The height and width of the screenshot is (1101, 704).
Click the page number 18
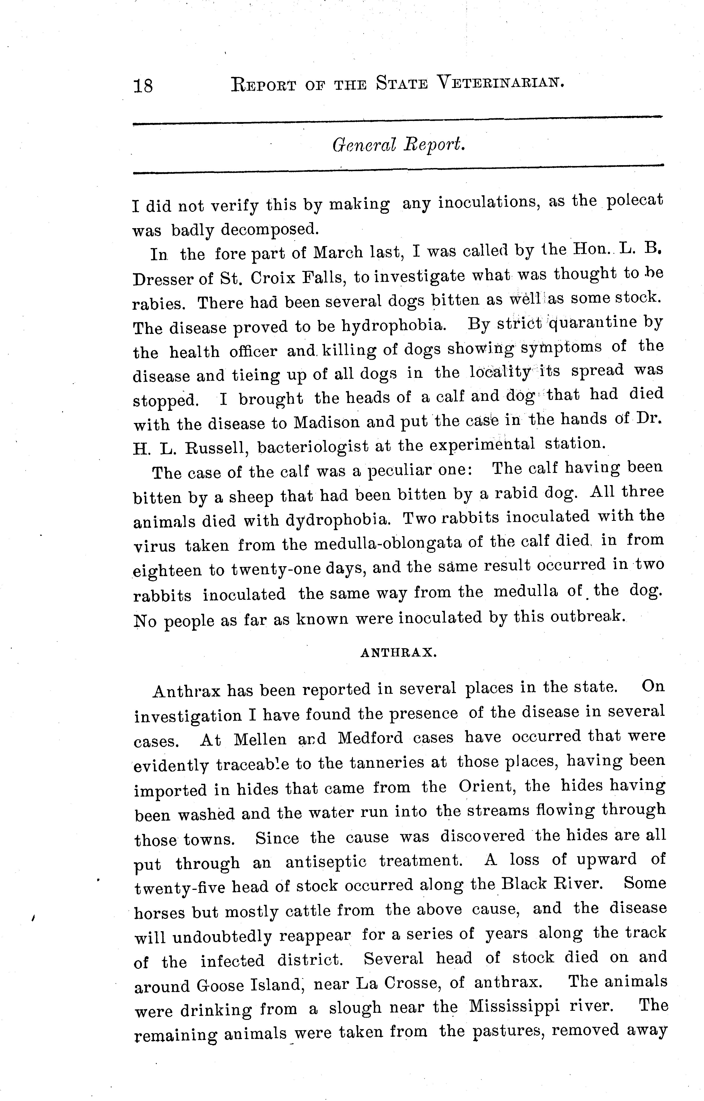pos(143,86)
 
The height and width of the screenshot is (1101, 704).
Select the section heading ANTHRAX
pos(399,653)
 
